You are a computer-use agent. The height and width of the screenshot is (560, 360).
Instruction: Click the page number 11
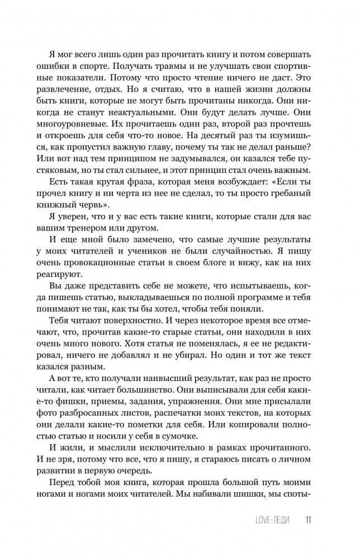click(x=308, y=520)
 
